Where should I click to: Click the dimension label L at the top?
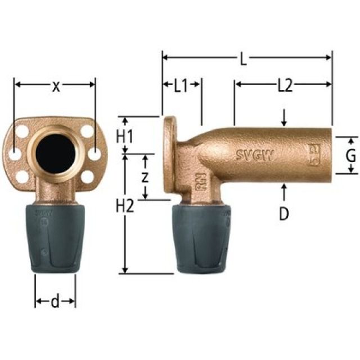[x=243, y=58]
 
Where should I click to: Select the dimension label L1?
[x=181, y=86]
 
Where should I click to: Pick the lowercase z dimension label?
[x=145, y=177]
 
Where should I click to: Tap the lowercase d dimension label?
[x=55, y=302]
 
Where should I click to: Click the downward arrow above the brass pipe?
[x=285, y=118]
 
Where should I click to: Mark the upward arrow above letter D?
[x=284, y=191]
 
